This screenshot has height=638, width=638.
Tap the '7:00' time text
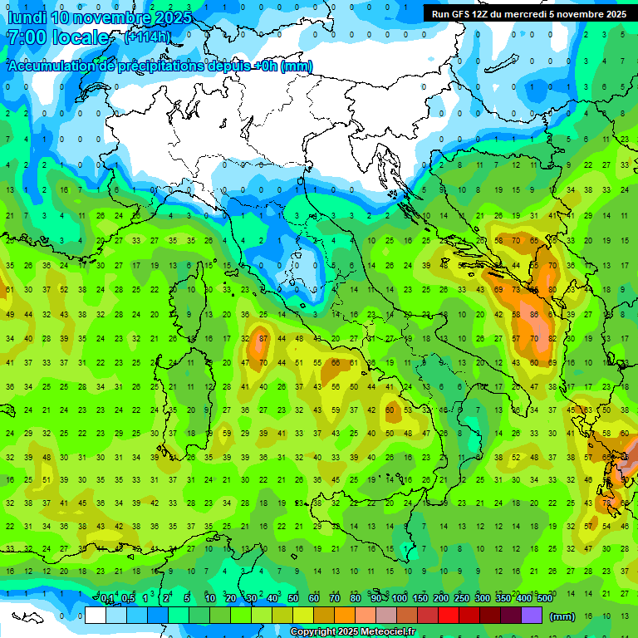(25, 37)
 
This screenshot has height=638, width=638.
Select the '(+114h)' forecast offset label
(147, 37)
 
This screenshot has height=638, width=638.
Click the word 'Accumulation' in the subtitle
(50, 66)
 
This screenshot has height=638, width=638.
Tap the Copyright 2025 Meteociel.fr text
(352, 632)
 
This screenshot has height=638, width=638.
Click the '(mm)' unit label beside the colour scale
(562, 616)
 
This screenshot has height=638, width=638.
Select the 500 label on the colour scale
(544, 599)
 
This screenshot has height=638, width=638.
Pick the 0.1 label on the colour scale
(108, 599)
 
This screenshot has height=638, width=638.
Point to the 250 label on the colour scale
(462, 599)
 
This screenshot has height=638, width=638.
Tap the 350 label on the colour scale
(503, 599)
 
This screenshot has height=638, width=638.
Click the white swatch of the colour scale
(96, 615)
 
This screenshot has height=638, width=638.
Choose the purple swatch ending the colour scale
(532, 615)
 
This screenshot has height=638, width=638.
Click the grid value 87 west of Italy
(263, 339)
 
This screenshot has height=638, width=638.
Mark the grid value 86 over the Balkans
(535, 315)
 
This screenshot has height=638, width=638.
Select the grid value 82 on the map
(552, 339)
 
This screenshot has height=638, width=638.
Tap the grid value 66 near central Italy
(336, 363)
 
